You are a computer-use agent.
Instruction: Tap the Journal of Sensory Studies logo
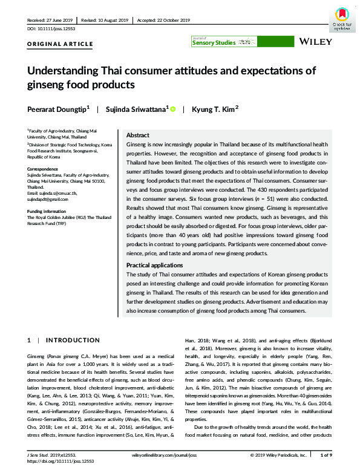(x=223, y=42)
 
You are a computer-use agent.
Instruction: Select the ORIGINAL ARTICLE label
(x=61, y=44)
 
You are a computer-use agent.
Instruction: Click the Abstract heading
(x=137, y=135)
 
